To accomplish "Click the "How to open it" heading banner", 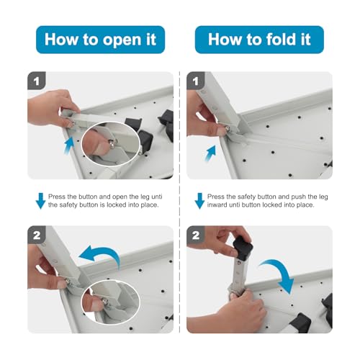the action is tap(100, 40).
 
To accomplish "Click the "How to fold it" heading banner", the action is tap(259, 40).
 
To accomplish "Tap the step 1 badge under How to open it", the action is tap(37, 81).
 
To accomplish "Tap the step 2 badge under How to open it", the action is tap(37, 235).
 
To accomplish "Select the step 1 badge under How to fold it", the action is tap(196, 81).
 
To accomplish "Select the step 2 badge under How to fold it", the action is tap(196, 235).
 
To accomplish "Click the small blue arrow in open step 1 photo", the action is tap(69, 145).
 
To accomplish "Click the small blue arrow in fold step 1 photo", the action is tap(211, 153).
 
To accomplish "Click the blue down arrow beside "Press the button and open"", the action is tap(40, 201).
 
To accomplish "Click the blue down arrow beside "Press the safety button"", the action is tap(199, 201).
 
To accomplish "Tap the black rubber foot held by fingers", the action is tap(243, 248).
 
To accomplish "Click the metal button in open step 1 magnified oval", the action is tap(112, 143).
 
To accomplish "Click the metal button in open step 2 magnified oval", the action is tap(105, 300).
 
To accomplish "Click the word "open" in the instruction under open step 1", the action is tap(120, 197).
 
